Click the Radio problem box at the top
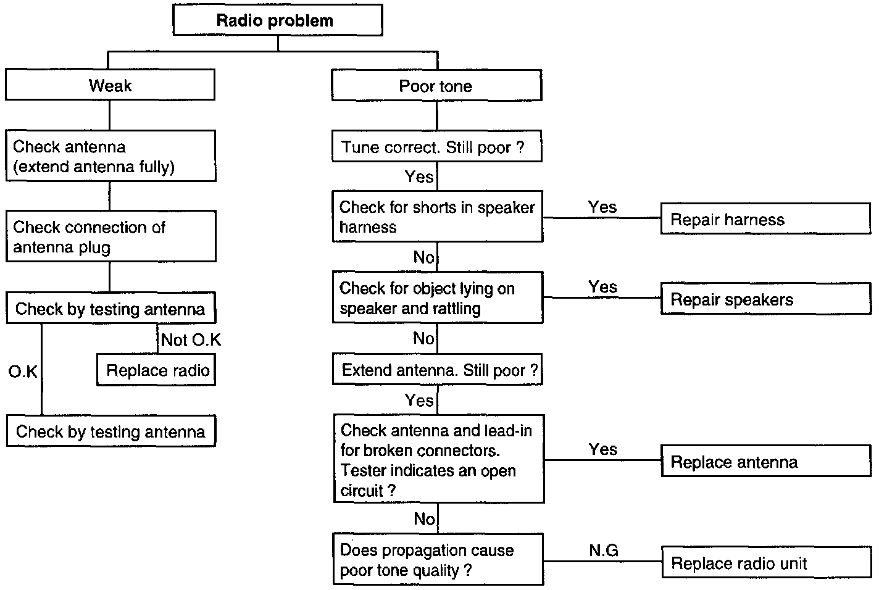(x=278, y=20)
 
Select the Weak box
(x=110, y=85)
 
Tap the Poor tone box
(x=437, y=86)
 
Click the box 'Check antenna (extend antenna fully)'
(x=110, y=156)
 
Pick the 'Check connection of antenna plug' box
(x=111, y=236)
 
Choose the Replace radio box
(x=156, y=370)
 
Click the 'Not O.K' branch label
(x=191, y=339)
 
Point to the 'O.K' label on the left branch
(x=23, y=372)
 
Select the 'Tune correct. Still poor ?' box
(x=437, y=146)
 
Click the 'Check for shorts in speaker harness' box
(x=438, y=217)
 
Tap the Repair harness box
(x=766, y=218)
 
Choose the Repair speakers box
(x=766, y=299)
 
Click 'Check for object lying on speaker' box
(x=438, y=297)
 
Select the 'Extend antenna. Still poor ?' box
(x=438, y=369)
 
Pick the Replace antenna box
(x=767, y=461)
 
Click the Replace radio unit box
(x=767, y=562)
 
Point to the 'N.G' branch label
(x=604, y=551)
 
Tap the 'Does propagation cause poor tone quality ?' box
(x=438, y=559)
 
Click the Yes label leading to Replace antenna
(x=603, y=449)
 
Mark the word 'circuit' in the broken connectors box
(x=361, y=491)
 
